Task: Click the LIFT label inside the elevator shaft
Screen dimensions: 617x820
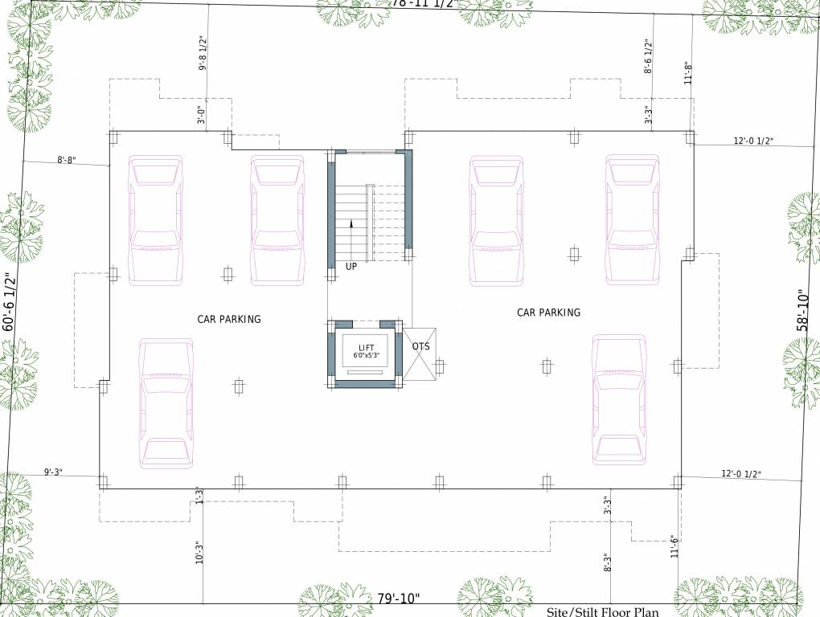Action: click(366, 347)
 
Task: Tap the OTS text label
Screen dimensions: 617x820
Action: click(420, 346)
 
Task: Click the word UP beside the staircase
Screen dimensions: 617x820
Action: click(351, 267)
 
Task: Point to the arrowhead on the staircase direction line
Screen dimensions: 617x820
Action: click(351, 224)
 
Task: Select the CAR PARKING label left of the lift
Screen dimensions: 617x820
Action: click(229, 319)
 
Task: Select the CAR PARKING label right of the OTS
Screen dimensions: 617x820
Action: click(548, 313)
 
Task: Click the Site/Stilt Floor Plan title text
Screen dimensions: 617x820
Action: click(603, 612)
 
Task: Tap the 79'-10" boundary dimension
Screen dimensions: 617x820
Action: click(399, 599)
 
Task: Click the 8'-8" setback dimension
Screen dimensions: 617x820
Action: click(66, 160)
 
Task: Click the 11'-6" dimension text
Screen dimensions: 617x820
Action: click(672, 550)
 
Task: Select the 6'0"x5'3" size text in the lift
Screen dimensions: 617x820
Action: click(366, 355)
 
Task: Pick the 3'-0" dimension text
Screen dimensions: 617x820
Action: click(203, 116)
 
